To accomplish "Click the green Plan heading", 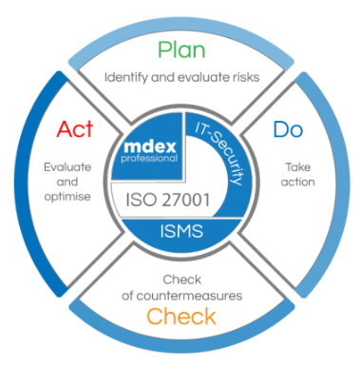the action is (181, 50).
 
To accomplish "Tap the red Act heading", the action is (75, 128).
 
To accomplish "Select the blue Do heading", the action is (288, 128).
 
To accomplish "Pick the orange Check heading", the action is (181, 316).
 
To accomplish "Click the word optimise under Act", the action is (67, 197).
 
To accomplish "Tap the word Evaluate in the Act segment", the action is (67, 167).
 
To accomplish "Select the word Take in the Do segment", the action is (297, 167).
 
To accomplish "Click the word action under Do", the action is (298, 182).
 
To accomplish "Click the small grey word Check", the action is (182, 280).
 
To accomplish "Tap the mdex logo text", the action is (150, 146).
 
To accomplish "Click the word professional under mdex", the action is (149, 158).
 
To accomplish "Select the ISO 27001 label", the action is (168, 200).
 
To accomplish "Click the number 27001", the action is (186, 200).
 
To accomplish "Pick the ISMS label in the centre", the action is (181, 231).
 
